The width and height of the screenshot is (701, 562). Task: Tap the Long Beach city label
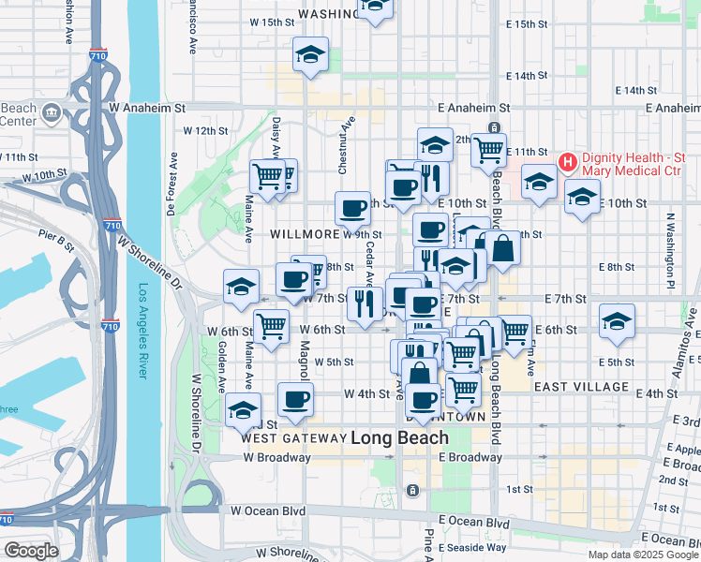click(399, 437)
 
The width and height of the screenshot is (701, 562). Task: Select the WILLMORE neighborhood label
click(305, 233)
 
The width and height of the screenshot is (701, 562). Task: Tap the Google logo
click(31, 551)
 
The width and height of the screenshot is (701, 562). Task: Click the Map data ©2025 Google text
click(642, 555)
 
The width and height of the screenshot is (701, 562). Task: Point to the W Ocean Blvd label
click(268, 511)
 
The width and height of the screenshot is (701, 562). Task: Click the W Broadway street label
click(276, 458)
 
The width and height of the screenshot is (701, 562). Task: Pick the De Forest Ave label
click(172, 185)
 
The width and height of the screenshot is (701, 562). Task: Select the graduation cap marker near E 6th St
click(617, 320)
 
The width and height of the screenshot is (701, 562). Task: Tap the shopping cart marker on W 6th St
click(271, 327)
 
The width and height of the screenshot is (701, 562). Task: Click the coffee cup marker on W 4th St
click(296, 399)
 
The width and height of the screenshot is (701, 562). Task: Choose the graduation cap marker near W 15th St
click(310, 54)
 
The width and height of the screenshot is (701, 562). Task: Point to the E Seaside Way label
click(472, 547)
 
